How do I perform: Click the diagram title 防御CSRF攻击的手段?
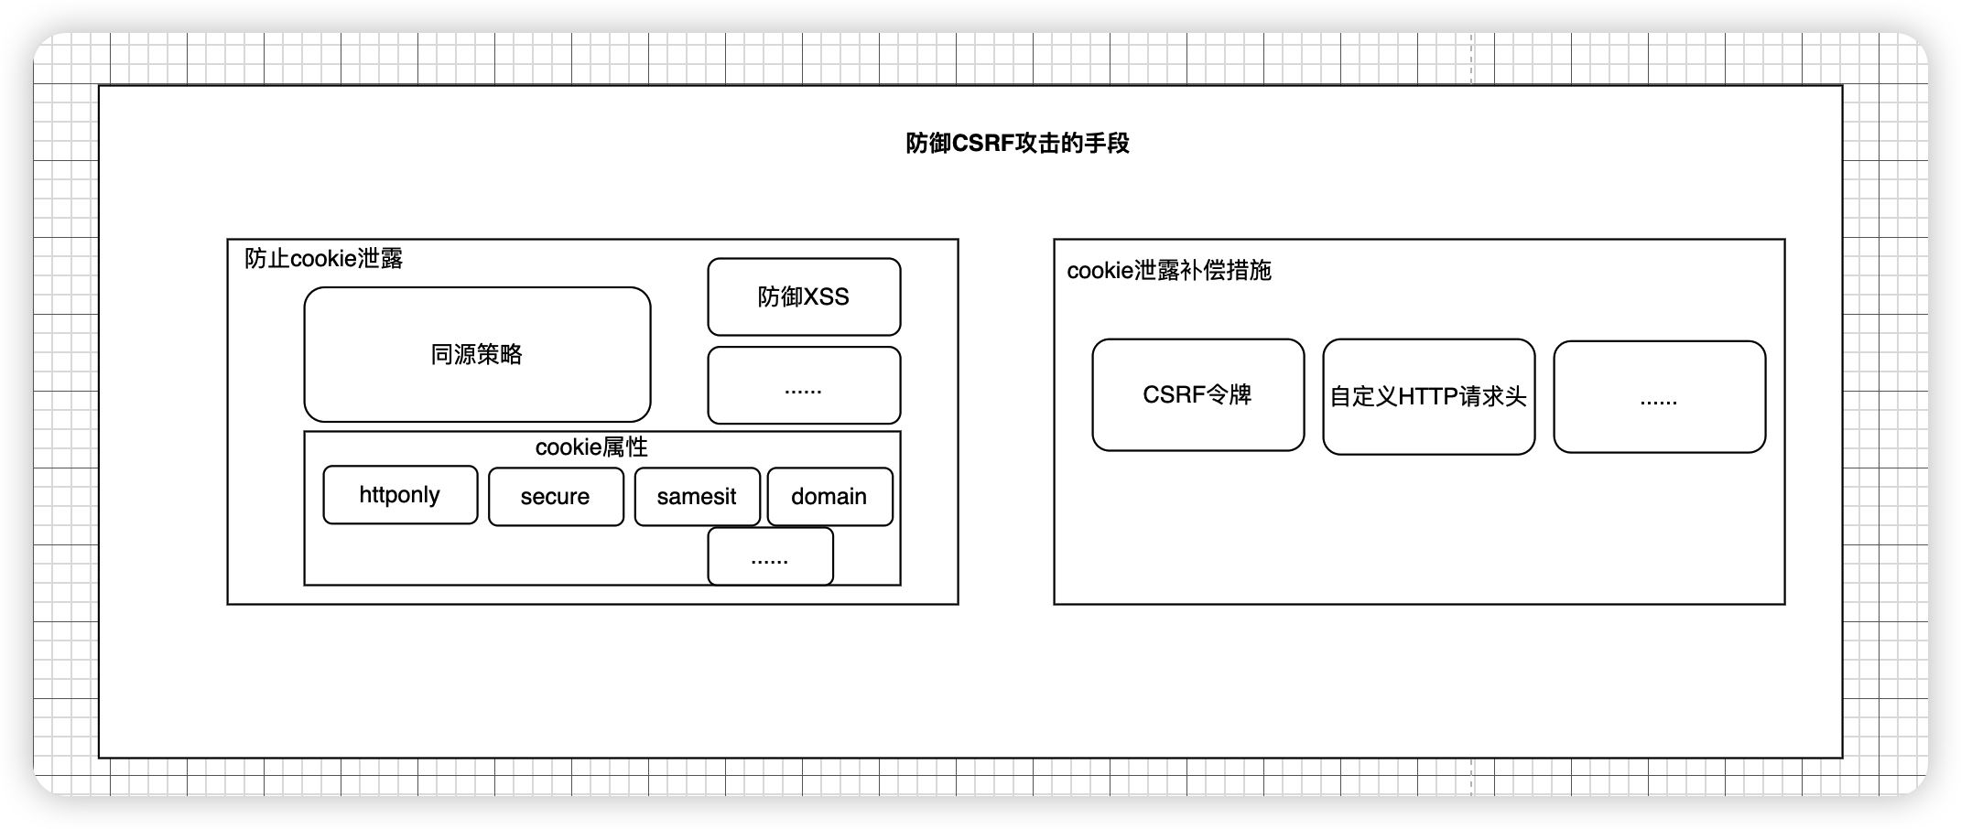pos(1017,144)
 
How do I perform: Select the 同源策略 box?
pos(477,354)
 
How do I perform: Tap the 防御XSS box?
pos(804,296)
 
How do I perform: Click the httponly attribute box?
pos(400,495)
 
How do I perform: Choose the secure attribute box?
pos(556,497)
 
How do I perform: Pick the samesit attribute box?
pos(697,497)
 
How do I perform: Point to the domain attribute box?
pos(829,497)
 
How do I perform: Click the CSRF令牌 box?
pos(1197,394)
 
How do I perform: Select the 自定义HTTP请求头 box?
pos(1428,396)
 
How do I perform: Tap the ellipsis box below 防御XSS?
pos(804,385)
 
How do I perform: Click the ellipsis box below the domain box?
pos(770,556)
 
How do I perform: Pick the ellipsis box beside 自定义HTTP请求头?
pos(1659,397)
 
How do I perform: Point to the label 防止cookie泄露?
pos(324,259)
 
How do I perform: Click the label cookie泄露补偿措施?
pos(1169,271)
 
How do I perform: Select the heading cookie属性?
pos(591,447)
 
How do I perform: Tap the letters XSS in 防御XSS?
pos(827,297)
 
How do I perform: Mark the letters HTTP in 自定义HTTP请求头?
pos(1428,397)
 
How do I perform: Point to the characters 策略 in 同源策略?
pos(500,354)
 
